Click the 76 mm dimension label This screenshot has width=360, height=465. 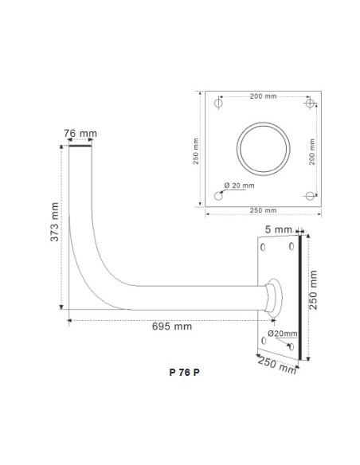pos(80,133)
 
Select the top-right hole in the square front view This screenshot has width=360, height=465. pos(311,104)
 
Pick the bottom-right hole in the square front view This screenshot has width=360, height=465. pos(311,195)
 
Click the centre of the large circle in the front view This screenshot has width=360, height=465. pos(264,149)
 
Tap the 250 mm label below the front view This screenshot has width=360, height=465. pos(264,210)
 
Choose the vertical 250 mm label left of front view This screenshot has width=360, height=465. pos(200,149)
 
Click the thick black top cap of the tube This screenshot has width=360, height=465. pos(80,146)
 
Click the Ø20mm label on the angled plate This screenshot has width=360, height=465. pos(283,332)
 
